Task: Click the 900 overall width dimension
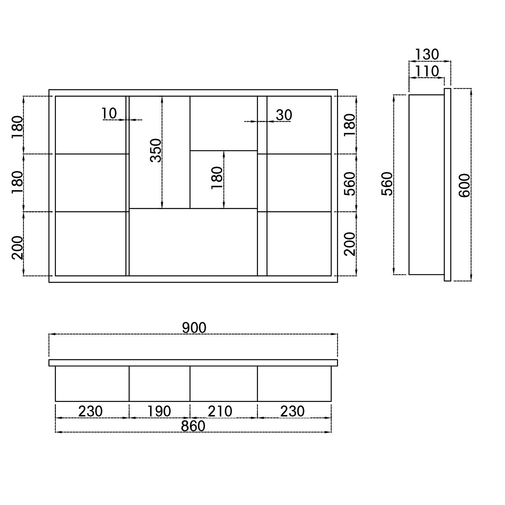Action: [x=194, y=328]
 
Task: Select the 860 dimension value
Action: [x=193, y=426]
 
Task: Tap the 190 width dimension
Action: [x=159, y=411]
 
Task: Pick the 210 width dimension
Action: [x=220, y=411]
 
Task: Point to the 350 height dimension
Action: [x=156, y=150]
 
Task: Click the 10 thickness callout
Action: [x=109, y=113]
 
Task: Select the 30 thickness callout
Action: [x=284, y=115]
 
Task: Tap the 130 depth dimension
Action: [x=427, y=55]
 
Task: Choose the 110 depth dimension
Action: [x=427, y=71]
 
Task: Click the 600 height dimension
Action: [x=464, y=185]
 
